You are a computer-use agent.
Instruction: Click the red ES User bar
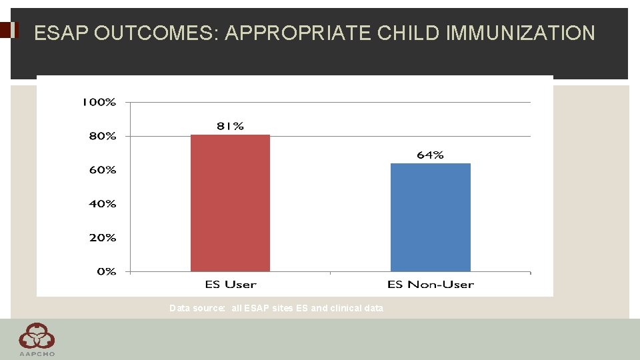pyautogui.click(x=230, y=203)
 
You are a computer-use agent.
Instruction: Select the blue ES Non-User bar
pyautogui.click(x=430, y=217)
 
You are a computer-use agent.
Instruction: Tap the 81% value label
pyautogui.click(x=230, y=126)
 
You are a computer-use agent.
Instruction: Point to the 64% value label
pyautogui.click(x=430, y=155)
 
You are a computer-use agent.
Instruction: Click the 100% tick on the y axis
pyautogui.click(x=99, y=102)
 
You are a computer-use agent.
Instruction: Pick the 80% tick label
pyautogui.click(x=102, y=136)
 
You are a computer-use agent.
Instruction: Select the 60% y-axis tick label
pyautogui.click(x=102, y=170)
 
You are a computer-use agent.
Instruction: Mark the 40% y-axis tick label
pyautogui.click(x=102, y=203)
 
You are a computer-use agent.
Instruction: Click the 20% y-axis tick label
pyautogui.click(x=102, y=237)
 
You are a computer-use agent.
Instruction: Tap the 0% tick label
pyautogui.click(x=106, y=271)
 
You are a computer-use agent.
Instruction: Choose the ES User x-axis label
pyautogui.click(x=230, y=285)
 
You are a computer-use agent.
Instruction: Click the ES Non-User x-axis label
pyautogui.click(x=430, y=285)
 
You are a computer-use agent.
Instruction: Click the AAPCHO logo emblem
pyautogui.click(x=37, y=335)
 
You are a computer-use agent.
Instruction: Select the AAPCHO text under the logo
pyautogui.click(x=37, y=354)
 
